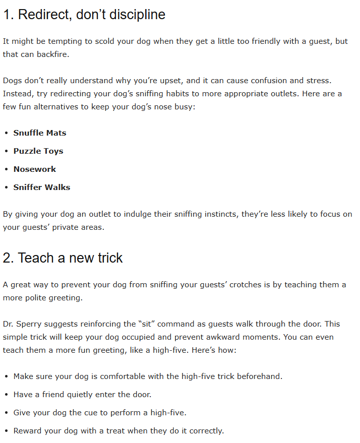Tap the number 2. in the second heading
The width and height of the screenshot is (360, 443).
8,258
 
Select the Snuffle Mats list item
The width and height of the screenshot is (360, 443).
40,133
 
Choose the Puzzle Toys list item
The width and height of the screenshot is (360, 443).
38,151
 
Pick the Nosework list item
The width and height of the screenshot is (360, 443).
35,169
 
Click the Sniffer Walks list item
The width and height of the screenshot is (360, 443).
42,187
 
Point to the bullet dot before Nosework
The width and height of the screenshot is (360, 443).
6,169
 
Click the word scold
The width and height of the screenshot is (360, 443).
104,41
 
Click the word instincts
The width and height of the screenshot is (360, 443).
221,214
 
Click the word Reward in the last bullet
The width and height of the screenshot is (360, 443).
28,431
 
